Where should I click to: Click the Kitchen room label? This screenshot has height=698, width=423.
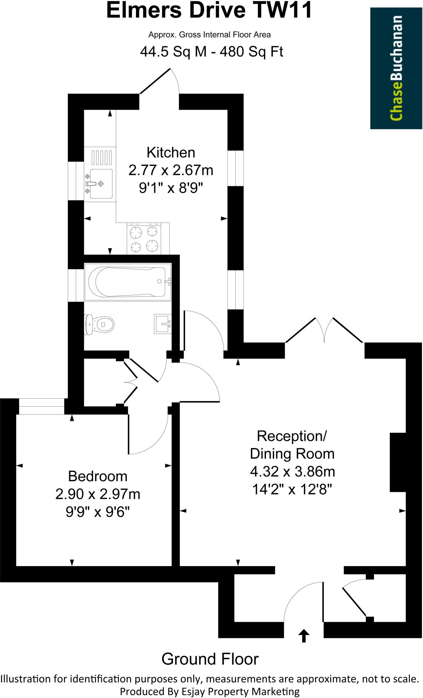(x=171, y=152)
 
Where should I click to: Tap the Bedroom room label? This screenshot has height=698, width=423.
(x=98, y=476)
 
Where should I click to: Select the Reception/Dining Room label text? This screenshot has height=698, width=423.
(x=292, y=445)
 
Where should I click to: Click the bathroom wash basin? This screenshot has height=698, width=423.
(x=163, y=323)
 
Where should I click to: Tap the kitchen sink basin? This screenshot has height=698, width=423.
(x=101, y=183)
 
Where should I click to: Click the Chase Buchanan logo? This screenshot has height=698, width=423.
(x=396, y=68)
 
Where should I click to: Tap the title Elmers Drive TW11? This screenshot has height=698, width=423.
(x=209, y=10)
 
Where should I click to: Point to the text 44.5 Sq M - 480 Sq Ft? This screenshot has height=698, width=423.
(x=211, y=52)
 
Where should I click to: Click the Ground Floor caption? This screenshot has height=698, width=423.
(x=210, y=659)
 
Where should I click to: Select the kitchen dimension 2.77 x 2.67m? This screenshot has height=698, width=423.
(x=171, y=170)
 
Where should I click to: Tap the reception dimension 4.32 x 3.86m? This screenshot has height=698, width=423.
(x=292, y=472)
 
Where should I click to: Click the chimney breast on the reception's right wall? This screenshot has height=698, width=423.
(x=398, y=462)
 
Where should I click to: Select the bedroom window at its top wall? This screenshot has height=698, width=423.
(x=41, y=407)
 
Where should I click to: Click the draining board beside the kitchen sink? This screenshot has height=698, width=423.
(x=101, y=157)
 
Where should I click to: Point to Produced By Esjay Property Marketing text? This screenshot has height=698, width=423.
(x=210, y=692)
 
